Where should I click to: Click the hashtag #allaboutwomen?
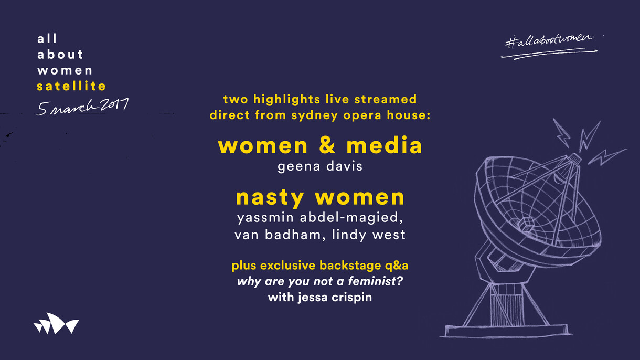point(549,42)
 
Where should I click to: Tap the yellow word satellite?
point(71,86)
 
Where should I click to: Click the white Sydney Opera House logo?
point(56,324)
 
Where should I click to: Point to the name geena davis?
point(320,167)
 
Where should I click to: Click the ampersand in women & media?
point(327,146)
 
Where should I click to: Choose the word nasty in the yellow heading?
point(270,198)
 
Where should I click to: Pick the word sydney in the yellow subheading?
point(313,115)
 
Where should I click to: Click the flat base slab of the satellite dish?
point(508,331)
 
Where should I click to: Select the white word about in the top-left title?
point(60,55)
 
